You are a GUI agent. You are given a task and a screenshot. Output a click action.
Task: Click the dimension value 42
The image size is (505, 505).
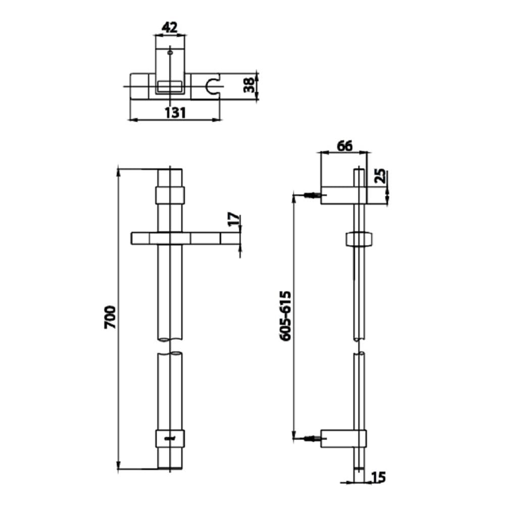click(169, 28)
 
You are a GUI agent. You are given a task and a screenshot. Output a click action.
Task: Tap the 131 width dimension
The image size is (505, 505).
click(176, 113)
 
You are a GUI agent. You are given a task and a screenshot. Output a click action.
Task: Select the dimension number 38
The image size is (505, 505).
click(249, 85)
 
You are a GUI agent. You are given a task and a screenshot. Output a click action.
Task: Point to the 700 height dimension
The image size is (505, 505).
click(110, 317)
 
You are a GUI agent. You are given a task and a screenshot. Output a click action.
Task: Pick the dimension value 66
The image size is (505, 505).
click(344, 146)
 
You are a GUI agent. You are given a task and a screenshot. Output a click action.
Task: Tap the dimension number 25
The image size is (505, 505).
click(381, 176)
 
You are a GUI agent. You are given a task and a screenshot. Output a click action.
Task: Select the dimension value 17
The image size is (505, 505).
click(234, 219)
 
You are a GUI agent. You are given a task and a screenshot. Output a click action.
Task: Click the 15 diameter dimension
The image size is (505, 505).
click(378, 477)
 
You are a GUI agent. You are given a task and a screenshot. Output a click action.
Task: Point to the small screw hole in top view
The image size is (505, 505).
click(170, 53)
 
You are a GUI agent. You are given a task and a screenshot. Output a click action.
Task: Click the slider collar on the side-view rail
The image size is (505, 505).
click(359, 239)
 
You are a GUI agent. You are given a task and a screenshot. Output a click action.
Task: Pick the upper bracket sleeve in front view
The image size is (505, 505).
click(170, 195)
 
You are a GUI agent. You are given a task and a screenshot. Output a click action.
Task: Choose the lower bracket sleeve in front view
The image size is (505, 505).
click(170, 439)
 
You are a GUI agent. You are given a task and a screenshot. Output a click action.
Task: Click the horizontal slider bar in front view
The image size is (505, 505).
click(185, 238)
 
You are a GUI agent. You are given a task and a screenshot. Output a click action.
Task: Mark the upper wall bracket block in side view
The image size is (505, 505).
click(343, 195)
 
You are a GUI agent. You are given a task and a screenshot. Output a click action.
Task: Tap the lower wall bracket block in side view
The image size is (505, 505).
click(343, 439)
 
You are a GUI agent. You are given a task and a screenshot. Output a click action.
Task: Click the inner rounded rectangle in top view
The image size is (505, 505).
click(170, 86)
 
